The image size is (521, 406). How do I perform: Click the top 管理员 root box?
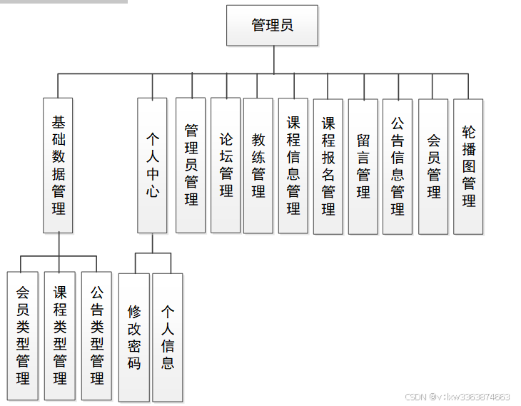[x=272, y=26]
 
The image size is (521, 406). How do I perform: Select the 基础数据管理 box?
[x=58, y=165]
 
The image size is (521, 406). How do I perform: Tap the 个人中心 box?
[x=152, y=165]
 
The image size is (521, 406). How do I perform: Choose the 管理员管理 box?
[x=191, y=165]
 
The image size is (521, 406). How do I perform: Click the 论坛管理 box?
[x=226, y=165]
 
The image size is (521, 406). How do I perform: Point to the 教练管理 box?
[x=258, y=165]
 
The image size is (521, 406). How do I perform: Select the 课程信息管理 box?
[x=293, y=165]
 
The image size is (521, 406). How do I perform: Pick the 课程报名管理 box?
[x=328, y=165]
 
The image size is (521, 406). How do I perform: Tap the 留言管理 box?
[x=363, y=165]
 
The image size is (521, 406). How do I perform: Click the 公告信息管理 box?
[x=398, y=165]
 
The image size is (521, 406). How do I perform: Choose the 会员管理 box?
[x=433, y=165]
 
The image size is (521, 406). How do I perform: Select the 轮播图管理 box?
[x=468, y=165]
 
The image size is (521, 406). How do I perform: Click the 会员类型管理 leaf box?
[x=23, y=335]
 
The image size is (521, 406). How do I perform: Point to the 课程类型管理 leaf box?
[x=60, y=335]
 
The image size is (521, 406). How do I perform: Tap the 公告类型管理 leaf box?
[x=97, y=335]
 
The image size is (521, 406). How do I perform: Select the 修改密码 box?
[x=134, y=337]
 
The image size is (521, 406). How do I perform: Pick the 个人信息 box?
[x=168, y=337]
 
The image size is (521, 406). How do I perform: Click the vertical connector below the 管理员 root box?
[x=273, y=60]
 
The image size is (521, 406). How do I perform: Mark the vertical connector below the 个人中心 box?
[x=152, y=243]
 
